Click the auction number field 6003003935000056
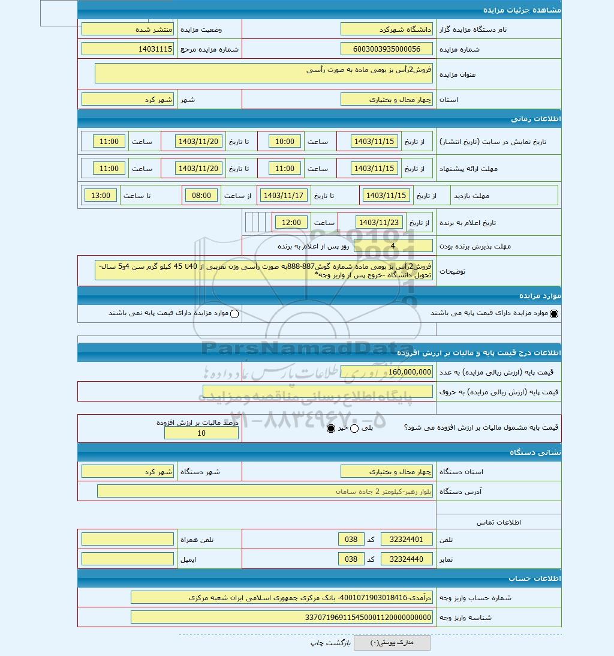point(386,49)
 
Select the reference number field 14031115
point(127,49)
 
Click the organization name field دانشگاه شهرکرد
point(386,29)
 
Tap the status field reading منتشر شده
point(127,29)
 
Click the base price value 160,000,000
point(386,372)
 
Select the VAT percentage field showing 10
point(201,433)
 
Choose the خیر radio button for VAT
point(331,429)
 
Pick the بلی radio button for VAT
point(354,429)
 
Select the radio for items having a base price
point(553,314)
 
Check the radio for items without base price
point(234,314)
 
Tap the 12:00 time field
point(291,223)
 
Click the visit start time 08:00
point(201,196)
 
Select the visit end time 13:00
point(101,196)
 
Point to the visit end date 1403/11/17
point(285,196)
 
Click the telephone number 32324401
point(411,540)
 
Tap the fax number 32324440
point(411,559)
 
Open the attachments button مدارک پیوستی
point(392,643)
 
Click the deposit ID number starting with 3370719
point(281,617)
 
